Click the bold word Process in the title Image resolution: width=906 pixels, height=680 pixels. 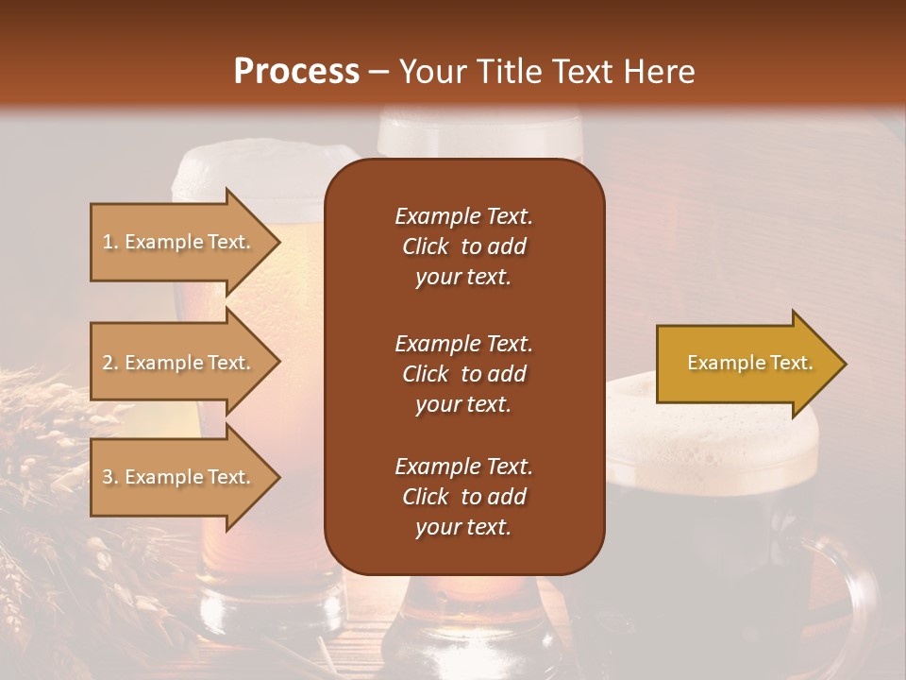point(296,72)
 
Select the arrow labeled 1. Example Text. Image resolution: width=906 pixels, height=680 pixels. point(176,242)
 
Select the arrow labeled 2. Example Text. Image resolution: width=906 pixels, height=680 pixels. point(176,363)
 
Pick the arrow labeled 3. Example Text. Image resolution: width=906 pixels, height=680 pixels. point(176,477)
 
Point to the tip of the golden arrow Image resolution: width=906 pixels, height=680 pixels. point(844,364)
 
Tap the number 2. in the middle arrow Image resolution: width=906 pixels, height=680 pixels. point(110,363)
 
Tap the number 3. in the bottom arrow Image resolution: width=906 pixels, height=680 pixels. point(110,477)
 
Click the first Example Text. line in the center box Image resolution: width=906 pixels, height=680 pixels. point(463,216)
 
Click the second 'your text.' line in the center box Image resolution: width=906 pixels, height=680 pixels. point(463,404)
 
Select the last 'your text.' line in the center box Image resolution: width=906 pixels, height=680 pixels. point(463,528)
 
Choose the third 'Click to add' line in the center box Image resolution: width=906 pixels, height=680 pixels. point(463,497)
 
